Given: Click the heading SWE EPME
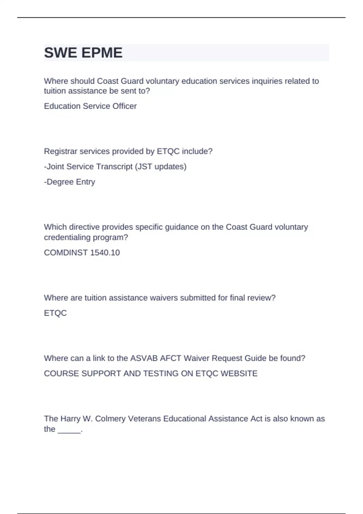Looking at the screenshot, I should (x=83, y=53).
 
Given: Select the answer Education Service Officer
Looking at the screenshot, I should (x=90, y=106).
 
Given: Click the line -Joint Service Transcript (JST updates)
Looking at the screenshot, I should (x=115, y=167).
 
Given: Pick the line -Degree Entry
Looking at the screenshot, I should (x=70, y=182).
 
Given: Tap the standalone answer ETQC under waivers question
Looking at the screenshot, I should (x=55, y=313).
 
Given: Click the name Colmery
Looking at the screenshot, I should (x=110, y=419).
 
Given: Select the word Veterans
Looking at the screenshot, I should (x=145, y=419).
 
